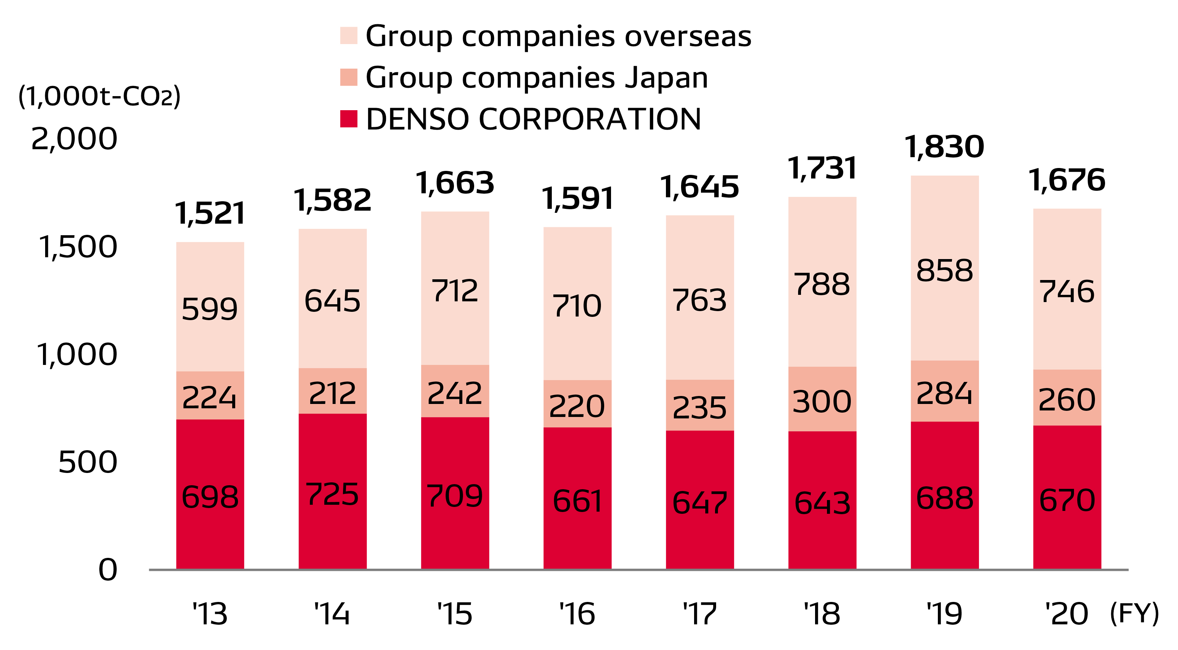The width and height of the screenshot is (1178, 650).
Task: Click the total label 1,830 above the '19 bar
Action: click(944, 147)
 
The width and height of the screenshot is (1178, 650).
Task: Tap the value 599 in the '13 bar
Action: click(210, 309)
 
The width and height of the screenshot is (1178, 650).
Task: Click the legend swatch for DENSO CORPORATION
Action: click(348, 119)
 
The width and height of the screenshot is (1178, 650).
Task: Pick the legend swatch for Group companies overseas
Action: click(348, 36)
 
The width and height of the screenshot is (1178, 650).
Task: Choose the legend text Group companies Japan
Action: click(536, 77)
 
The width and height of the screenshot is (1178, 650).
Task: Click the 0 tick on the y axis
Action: click(108, 571)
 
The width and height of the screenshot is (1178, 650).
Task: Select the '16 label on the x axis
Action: click(577, 614)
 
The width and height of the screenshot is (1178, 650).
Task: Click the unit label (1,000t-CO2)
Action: click(99, 96)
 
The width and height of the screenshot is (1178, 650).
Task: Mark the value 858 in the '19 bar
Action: click(944, 270)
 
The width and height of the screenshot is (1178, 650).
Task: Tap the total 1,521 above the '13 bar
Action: click(210, 214)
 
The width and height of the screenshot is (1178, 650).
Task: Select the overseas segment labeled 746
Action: click(1067, 291)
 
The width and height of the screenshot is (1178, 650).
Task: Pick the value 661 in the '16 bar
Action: click(577, 501)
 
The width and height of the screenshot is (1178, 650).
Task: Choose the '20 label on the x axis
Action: click(1067, 614)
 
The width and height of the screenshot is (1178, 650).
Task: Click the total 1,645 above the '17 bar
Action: click(699, 187)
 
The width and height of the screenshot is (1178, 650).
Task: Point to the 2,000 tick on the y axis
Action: click(74, 139)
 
